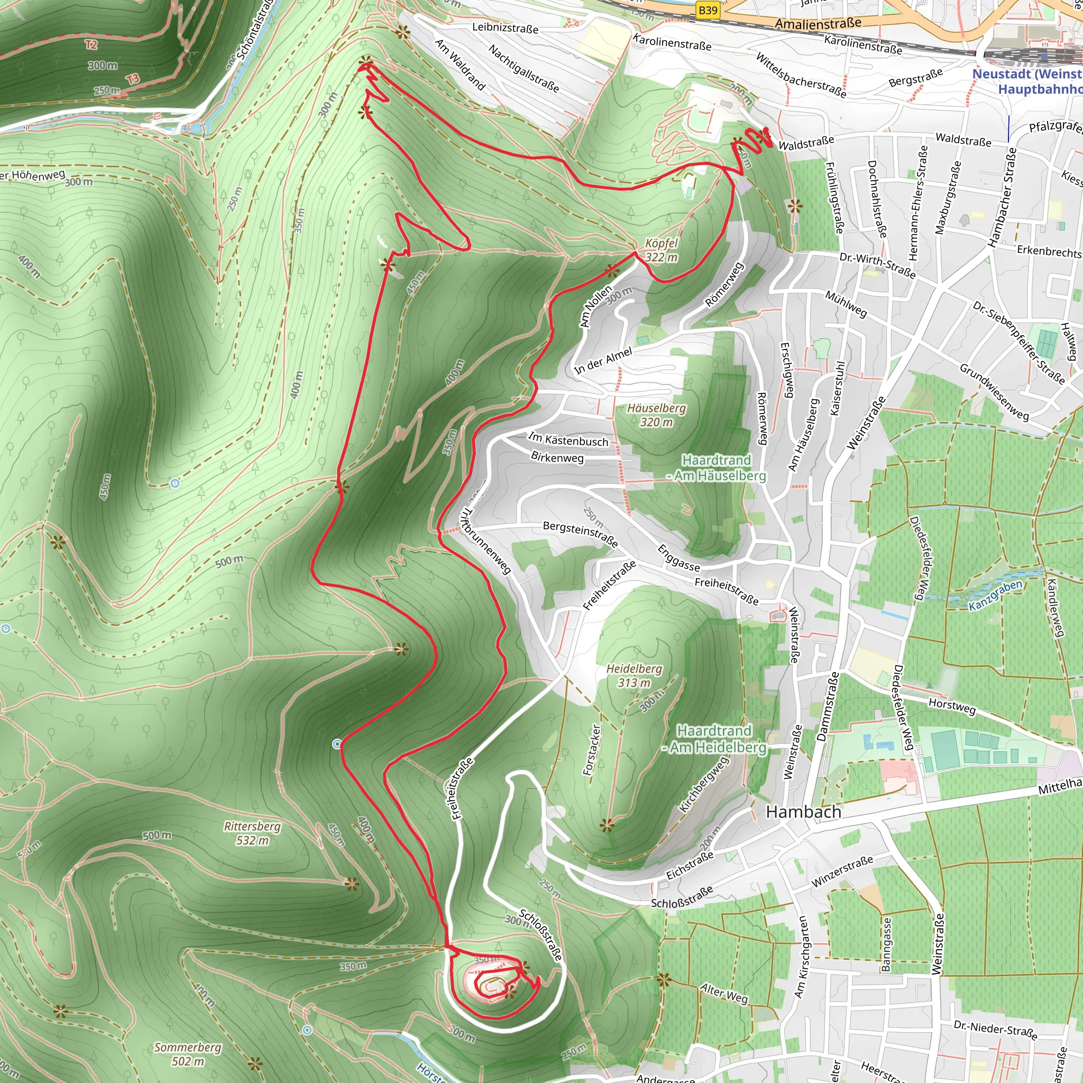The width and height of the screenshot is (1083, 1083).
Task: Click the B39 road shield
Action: tap(708, 11)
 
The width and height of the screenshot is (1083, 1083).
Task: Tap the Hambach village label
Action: tap(803, 812)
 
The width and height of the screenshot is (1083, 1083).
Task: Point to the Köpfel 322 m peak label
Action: tap(662, 250)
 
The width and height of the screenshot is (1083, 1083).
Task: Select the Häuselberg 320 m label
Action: tap(656, 415)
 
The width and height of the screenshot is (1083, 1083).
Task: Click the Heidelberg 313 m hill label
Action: tap(634, 675)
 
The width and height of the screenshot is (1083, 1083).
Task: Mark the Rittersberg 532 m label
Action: tap(252, 833)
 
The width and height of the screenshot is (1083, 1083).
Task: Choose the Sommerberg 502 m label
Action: tap(188, 1054)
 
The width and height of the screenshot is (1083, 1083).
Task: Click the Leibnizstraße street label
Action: tap(505, 27)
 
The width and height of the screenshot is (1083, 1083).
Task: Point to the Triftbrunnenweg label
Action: tap(485, 541)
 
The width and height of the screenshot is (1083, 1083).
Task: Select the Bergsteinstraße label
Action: tap(580, 534)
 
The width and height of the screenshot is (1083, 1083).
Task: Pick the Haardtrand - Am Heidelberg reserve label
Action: tap(713, 739)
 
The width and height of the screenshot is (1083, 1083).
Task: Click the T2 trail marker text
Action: tap(91, 45)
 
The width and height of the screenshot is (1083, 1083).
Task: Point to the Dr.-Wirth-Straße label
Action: tap(877, 265)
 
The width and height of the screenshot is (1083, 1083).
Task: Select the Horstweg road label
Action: tap(952, 706)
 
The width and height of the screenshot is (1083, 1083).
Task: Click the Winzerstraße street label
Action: tap(842, 871)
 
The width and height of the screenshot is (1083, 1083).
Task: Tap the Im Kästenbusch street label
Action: tap(568, 440)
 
